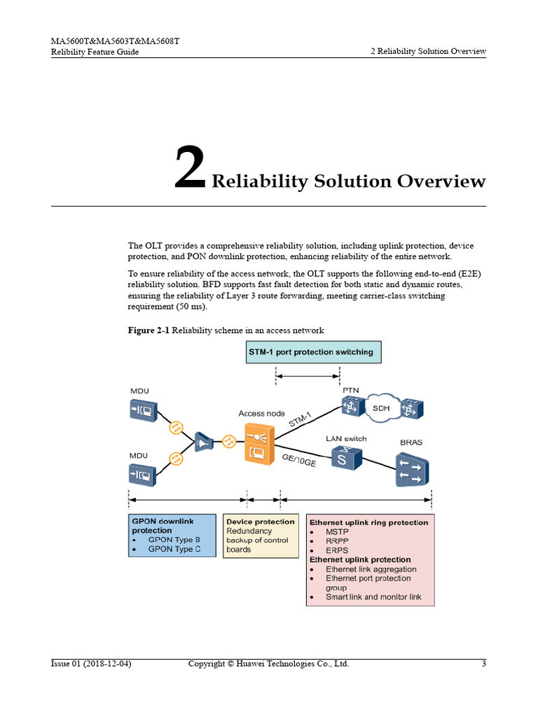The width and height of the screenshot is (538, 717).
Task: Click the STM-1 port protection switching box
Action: (310, 352)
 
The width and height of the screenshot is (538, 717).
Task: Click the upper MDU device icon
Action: (142, 410)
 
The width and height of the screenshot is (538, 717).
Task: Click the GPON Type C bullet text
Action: (174, 550)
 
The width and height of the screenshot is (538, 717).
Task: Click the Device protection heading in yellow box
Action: (260, 522)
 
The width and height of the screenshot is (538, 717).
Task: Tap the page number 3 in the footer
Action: (483, 664)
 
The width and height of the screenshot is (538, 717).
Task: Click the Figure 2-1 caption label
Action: (149, 330)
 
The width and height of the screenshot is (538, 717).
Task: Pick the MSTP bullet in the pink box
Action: (337, 531)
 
